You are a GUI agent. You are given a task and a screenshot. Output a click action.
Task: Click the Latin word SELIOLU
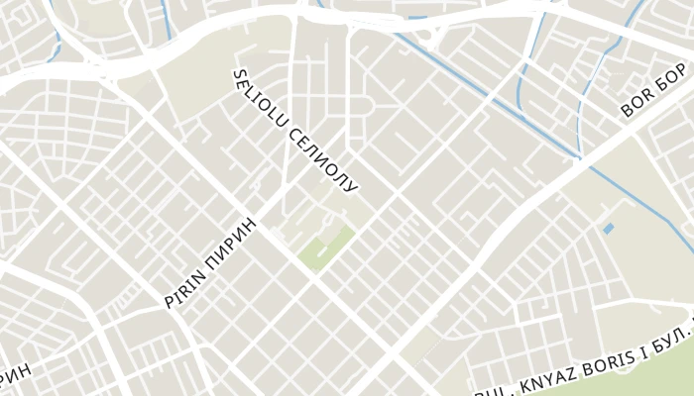click(260, 100)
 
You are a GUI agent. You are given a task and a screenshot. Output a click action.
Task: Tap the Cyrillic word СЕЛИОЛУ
click(321, 158)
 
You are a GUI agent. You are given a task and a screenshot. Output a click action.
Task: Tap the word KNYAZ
click(546, 370)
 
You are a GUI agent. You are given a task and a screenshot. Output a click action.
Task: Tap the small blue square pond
click(608, 229)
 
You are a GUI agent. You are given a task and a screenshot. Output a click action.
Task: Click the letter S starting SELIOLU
click(239, 76)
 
